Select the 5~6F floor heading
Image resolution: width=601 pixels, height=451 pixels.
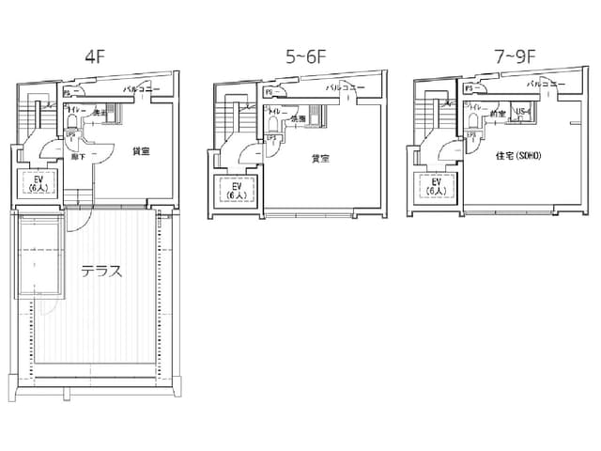click(305, 55)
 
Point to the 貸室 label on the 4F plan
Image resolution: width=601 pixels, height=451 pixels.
click(141, 150)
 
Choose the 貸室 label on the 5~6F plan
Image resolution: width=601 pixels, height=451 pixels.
click(320, 159)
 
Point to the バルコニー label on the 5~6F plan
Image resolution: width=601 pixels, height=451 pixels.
click(346, 88)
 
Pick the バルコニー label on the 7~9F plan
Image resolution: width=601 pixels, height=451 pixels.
click(545, 85)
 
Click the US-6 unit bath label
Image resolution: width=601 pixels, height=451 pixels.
click(524, 113)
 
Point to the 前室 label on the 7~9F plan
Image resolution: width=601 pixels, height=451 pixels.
click(497, 114)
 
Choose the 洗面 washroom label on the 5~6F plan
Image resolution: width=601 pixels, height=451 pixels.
click(298, 119)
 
